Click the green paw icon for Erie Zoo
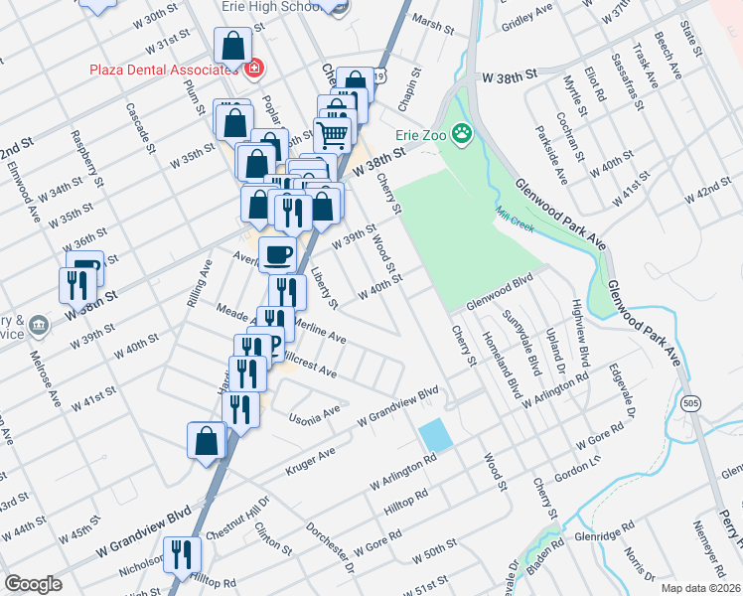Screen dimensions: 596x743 463,132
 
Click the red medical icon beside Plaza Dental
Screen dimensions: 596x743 254,69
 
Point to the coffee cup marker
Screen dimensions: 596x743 277,254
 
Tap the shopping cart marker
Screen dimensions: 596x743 334,133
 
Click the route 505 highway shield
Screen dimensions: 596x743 689,402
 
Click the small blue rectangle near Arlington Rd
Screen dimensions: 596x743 433,435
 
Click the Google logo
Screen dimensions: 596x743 33,584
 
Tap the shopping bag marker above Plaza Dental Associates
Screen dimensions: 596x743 231,47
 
